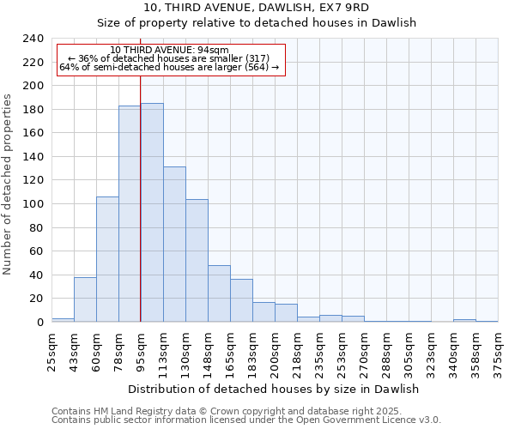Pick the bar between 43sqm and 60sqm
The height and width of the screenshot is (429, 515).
pyautogui.click(x=85, y=299)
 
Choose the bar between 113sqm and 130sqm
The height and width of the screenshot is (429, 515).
pyautogui.click(x=174, y=245)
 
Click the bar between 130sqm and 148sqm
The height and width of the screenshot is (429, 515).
pyautogui.click(x=197, y=261)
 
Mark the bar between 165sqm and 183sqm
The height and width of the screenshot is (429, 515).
pyautogui.click(x=241, y=300)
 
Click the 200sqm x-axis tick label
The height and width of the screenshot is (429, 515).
pyautogui.click(x=276, y=347)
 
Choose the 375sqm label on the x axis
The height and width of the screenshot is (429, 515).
pyautogui.click(x=499, y=347)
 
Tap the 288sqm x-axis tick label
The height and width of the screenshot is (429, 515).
pyautogui.click(x=387, y=347)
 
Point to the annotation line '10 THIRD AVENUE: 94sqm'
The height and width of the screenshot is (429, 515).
pyautogui.click(x=170, y=50)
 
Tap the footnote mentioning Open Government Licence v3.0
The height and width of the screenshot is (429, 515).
pyautogui.click(x=246, y=420)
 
